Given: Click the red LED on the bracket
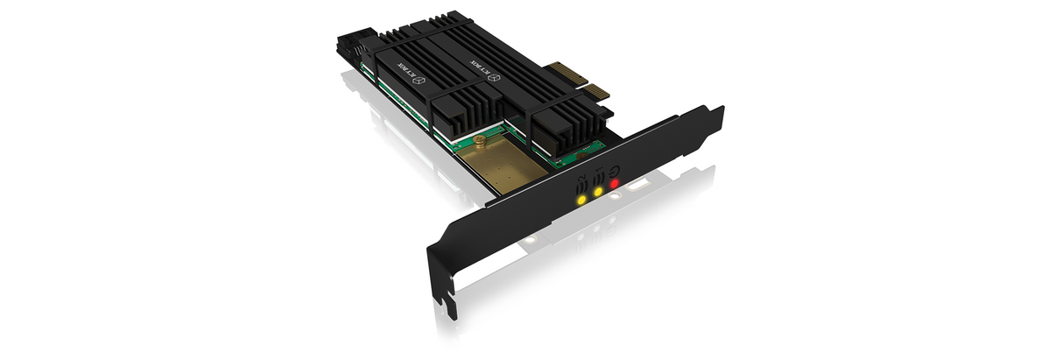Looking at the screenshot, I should (615, 184).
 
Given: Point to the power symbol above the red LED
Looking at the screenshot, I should (616, 168).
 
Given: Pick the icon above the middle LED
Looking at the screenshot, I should (598, 175).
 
